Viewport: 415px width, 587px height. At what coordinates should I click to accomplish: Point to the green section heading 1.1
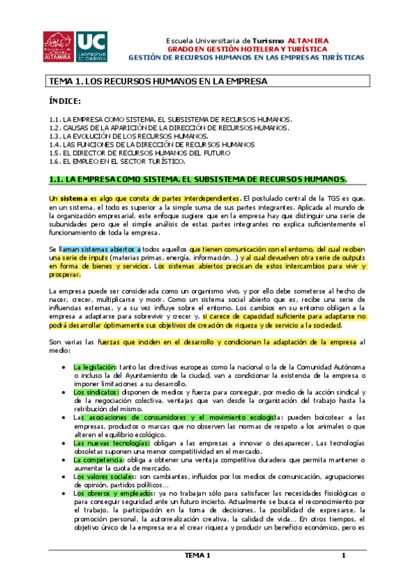197,180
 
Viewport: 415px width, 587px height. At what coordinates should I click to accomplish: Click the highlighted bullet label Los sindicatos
96,392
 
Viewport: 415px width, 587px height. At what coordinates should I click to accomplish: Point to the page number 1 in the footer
343,576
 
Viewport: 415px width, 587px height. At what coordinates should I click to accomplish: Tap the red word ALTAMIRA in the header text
308,41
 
